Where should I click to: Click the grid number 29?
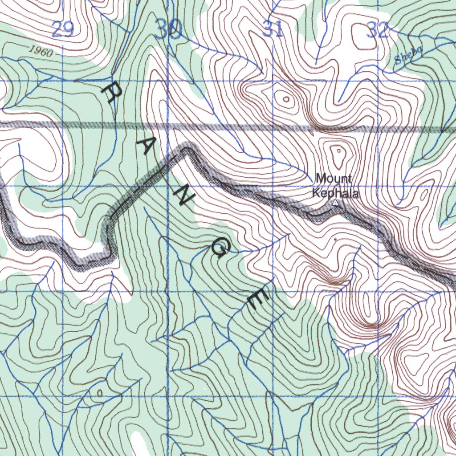click(62, 30)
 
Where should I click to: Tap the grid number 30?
click(170, 30)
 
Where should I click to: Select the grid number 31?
click(273, 30)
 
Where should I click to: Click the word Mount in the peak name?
click(334, 179)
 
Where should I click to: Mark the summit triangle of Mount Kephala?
click(336, 204)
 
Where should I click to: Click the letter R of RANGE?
click(112, 93)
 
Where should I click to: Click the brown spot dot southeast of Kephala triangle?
click(335, 239)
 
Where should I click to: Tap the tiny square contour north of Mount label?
click(338, 151)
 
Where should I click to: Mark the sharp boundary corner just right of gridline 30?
click(187, 147)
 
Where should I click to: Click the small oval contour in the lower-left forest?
click(99, 392)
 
